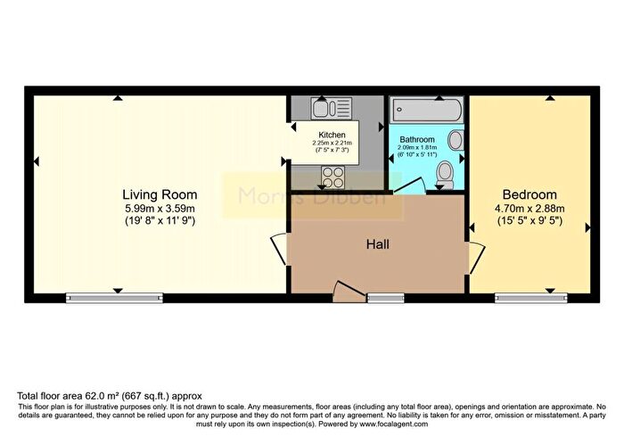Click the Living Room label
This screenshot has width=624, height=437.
160,194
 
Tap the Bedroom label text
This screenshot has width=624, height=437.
530,194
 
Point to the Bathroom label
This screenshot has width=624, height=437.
416,140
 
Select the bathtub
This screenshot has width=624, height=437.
425,111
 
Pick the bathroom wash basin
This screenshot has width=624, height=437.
455,140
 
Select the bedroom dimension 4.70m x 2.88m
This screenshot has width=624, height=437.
530,209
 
